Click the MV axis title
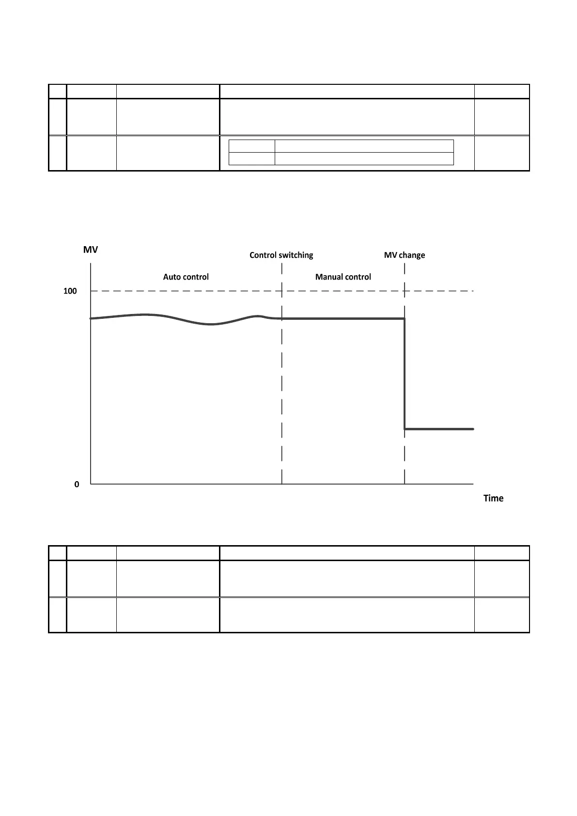click(x=91, y=250)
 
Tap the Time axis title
click(x=493, y=498)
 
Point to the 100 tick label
click(x=70, y=291)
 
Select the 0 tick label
click(x=77, y=484)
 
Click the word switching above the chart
click(x=296, y=255)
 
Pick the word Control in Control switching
click(x=263, y=255)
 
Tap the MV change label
click(x=405, y=255)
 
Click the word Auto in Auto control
click(x=172, y=277)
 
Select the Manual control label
click(x=343, y=277)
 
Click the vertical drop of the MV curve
click(x=405, y=373)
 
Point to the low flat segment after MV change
click(x=438, y=429)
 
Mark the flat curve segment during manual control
click(x=343, y=318)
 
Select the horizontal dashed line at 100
click(x=194, y=291)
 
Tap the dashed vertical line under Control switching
click(x=282, y=388)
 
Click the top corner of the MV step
click(x=405, y=318)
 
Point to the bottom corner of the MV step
click(x=405, y=429)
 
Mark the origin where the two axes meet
click(x=91, y=484)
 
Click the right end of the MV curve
click(x=473, y=429)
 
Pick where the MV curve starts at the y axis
click(x=91, y=318)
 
